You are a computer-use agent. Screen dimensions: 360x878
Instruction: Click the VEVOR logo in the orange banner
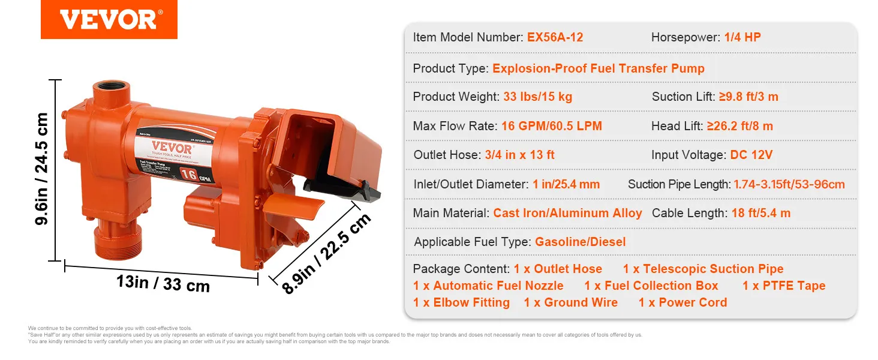tap(109, 20)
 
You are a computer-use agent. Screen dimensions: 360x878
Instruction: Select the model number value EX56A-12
tap(555, 37)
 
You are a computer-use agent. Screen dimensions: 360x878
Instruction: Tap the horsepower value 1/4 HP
tap(742, 37)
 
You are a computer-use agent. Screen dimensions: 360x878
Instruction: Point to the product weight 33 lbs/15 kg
tap(537, 97)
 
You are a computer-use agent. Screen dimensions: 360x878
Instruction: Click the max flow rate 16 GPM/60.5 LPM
tap(552, 126)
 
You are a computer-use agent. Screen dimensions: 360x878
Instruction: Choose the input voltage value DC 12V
tap(751, 155)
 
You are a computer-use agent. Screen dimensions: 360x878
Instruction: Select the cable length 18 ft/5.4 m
tap(760, 213)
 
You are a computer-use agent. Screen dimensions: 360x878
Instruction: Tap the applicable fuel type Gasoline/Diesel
tap(580, 242)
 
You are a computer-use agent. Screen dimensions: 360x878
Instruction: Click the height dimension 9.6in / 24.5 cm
tap(41, 169)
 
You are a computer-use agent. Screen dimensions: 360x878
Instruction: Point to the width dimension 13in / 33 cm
tap(163, 282)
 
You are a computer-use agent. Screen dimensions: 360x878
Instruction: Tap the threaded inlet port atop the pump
tap(110, 90)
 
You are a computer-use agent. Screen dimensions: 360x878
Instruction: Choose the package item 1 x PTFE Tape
tap(784, 286)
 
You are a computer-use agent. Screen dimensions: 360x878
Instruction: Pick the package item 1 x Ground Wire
tap(570, 302)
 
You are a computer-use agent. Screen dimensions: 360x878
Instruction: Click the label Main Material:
tap(451, 213)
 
